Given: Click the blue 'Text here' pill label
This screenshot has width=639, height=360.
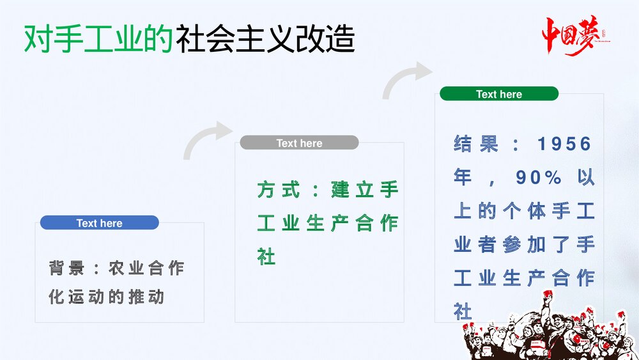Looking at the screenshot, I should click(x=99, y=223).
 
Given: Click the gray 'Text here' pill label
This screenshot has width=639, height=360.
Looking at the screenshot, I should click(x=299, y=143).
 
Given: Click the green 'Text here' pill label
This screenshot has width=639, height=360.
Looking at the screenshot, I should click(x=498, y=94).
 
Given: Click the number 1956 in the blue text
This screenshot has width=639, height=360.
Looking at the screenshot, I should click(x=564, y=144).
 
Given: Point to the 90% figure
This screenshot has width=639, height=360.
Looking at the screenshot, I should click(x=539, y=178).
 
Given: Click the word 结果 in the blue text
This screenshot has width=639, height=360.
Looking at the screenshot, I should click(x=476, y=144).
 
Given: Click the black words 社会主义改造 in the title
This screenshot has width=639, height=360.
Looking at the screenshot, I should click(x=265, y=40).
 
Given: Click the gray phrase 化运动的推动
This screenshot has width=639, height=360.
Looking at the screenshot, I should click(x=107, y=297).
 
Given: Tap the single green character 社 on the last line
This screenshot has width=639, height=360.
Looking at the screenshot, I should click(x=266, y=257).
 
